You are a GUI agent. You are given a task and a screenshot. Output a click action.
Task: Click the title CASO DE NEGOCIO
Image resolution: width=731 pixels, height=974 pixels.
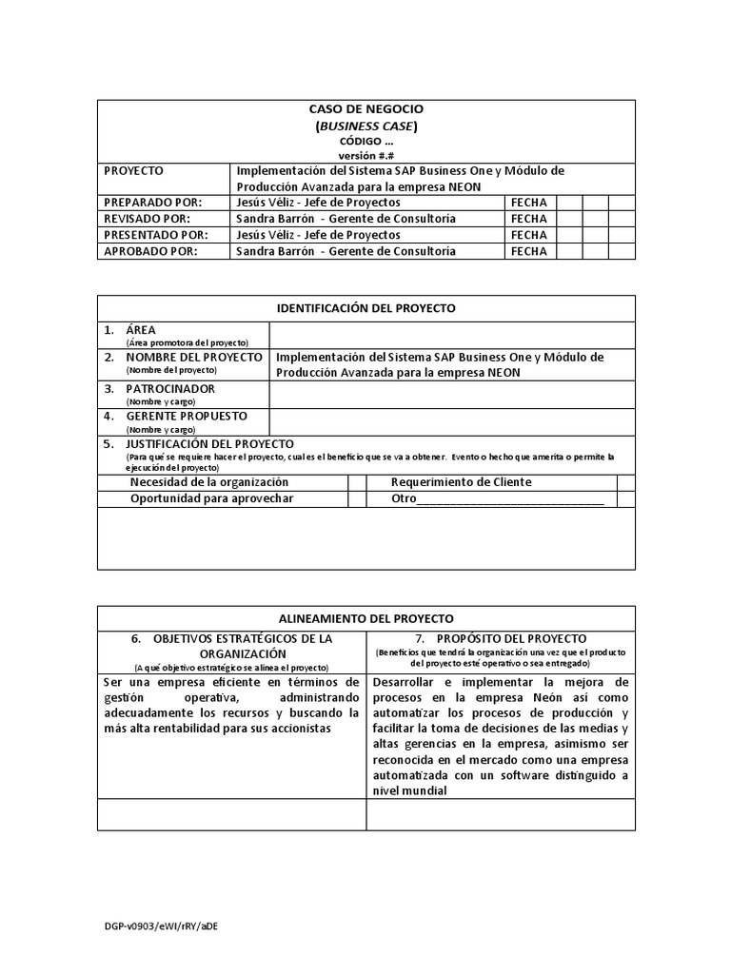click(x=366, y=109)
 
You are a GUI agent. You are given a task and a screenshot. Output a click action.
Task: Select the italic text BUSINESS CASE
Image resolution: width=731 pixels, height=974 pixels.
click(x=366, y=126)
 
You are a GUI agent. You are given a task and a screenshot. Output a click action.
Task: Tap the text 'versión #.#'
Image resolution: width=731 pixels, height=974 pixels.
click(x=366, y=155)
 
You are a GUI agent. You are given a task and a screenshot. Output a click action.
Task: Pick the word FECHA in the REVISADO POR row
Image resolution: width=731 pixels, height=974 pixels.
click(x=529, y=219)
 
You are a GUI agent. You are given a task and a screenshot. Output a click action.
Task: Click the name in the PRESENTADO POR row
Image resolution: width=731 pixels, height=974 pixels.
click(x=317, y=235)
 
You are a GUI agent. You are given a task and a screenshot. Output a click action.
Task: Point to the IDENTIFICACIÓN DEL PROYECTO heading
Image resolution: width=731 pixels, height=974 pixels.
click(x=366, y=308)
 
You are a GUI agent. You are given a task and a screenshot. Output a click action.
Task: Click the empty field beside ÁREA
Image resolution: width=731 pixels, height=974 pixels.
click(x=452, y=335)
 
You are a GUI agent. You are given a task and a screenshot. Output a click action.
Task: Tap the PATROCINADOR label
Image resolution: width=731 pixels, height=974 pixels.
click(x=170, y=389)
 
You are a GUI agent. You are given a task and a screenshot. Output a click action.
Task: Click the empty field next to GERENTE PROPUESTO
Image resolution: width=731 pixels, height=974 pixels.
click(x=452, y=421)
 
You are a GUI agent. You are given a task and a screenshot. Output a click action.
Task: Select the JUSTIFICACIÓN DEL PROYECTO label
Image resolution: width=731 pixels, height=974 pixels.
click(x=209, y=444)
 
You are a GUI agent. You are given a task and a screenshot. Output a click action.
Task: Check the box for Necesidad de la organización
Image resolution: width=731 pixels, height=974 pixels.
click(x=357, y=482)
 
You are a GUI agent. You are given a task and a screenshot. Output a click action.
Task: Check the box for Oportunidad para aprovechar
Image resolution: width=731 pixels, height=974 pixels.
click(x=357, y=498)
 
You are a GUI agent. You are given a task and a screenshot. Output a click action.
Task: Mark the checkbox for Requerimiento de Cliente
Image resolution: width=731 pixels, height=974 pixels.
click(x=625, y=482)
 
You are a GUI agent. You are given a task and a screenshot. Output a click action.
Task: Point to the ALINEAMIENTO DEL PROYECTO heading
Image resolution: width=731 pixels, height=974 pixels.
click(x=366, y=617)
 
